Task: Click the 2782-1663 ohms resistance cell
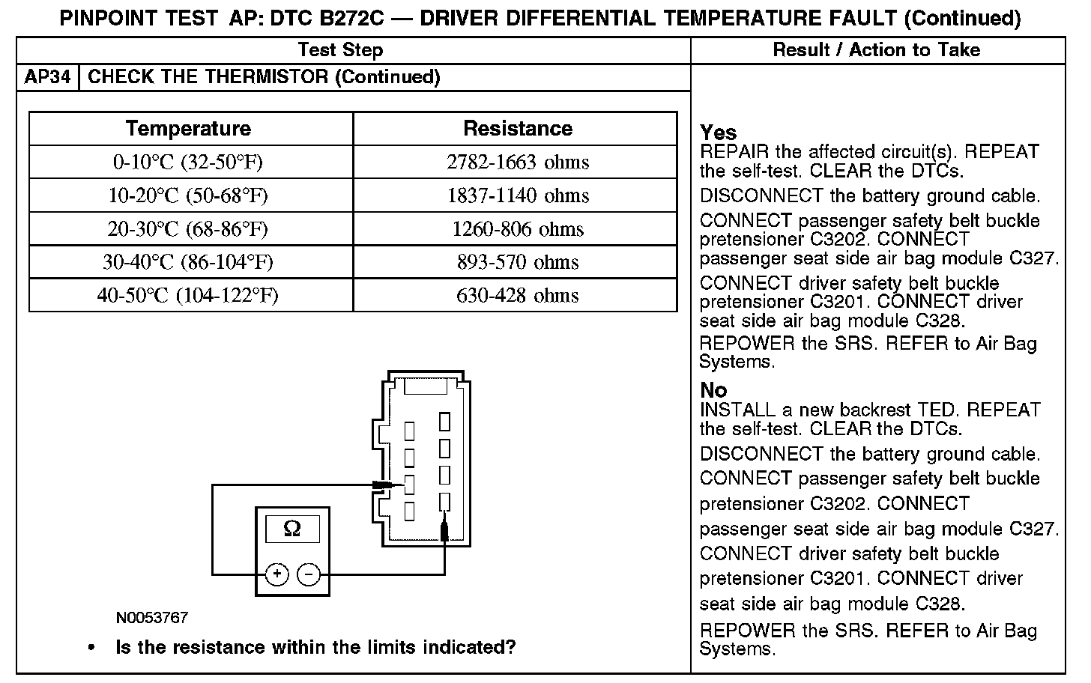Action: (x=517, y=163)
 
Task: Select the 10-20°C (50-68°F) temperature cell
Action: (x=188, y=195)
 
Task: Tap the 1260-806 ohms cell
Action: (x=517, y=228)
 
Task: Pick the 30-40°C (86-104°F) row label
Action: (x=188, y=262)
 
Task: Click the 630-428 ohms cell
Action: (x=517, y=295)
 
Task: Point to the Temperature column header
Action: (x=188, y=129)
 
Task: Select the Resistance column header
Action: (x=517, y=129)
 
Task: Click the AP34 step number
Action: (x=47, y=77)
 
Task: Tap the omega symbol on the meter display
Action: (x=292, y=529)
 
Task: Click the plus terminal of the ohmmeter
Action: (x=277, y=574)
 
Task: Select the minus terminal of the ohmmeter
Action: (x=309, y=574)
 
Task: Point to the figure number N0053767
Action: (x=152, y=618)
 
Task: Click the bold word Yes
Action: (x=718, y=133)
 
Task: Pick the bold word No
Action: (x=713, y=390)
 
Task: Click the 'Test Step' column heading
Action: (x=340, y=50)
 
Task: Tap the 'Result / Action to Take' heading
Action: (x=876, y=50)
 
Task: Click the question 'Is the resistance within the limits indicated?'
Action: (x=315, y=647)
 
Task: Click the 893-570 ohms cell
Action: (x=517, y=262)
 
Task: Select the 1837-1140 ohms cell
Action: (x=517, y=195)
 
